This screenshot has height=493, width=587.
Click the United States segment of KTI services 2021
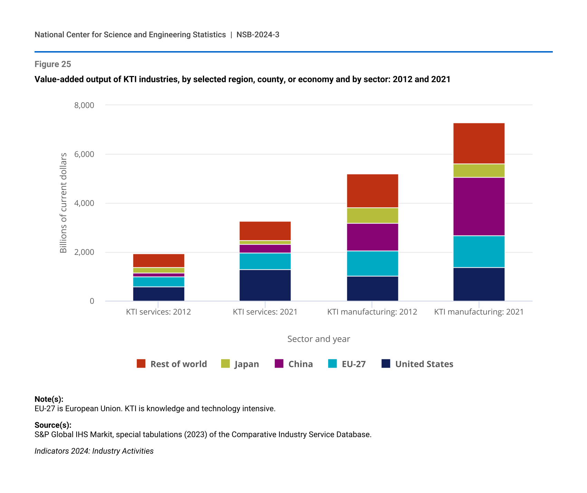[x=265, y=285]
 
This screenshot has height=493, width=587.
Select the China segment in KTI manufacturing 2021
[x=479, y=207]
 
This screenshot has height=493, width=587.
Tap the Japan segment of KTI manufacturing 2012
[x=372, y=216]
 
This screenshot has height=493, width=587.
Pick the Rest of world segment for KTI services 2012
[x=159, y=260]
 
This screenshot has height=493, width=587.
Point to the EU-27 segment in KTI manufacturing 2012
[x=372, y=263]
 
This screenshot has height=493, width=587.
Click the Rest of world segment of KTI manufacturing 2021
[x=479, y=143]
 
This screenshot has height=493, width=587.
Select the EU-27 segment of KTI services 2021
[x=265, y=261]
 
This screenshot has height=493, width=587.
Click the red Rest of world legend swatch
[x=141, y=363]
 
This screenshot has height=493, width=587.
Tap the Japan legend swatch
[x=225, y=363]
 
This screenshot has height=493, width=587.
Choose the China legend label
[x=301, y=364]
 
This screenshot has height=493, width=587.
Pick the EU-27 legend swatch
[x=332, y=363]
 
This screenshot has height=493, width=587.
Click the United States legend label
[x=424, y=364]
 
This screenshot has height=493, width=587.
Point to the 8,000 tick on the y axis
[x=84, y=105]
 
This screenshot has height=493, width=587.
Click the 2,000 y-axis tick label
[x=84, y=252]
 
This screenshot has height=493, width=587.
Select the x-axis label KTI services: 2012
[x=158, y=312]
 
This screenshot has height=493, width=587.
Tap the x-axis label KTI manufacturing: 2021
[x=479, y=312]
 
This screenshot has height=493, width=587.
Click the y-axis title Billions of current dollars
[x=63, y=203]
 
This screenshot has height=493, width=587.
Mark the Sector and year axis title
[x=319, y=339]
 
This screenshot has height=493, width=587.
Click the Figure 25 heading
[x=53, y=64]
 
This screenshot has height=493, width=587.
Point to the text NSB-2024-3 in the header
[x=258, y=35]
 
